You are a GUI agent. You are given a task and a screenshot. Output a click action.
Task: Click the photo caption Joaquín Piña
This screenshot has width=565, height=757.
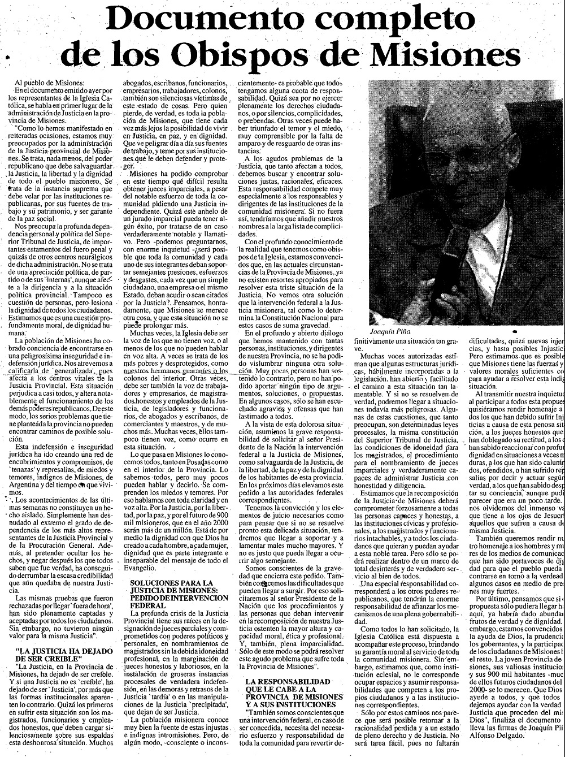pyautogui.click(x=390, y=331)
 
